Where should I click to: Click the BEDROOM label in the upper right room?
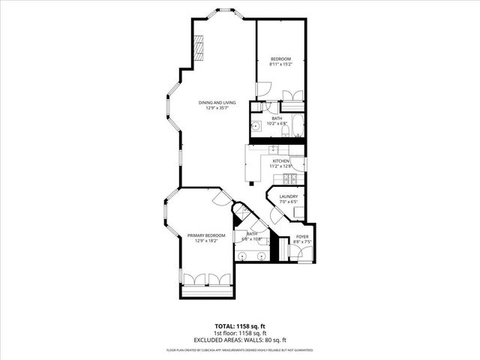point(280,58)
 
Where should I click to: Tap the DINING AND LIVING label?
point(217,102)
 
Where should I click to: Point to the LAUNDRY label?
point(289,196)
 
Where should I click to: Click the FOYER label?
point(301,236)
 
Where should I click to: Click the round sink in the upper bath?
point(256,127)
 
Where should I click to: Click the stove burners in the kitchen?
point(286,178)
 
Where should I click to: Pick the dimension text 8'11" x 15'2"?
point(280,64)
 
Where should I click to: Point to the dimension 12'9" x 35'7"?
point(217,108)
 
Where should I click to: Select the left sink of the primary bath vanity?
point(243,256)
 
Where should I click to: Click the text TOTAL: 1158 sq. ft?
point(240,327)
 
